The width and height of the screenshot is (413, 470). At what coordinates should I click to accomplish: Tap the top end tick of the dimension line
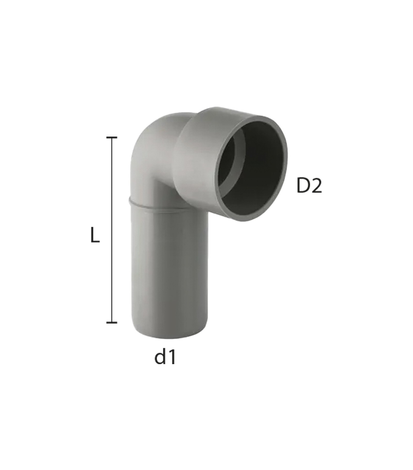112,138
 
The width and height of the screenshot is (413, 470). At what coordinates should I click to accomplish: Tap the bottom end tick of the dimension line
112,322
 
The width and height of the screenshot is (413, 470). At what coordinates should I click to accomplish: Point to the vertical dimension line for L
112,230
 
